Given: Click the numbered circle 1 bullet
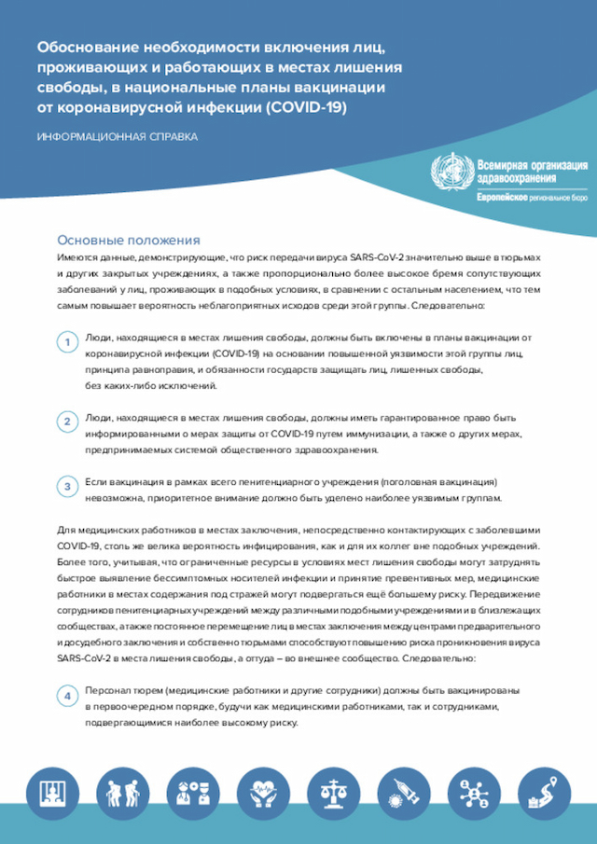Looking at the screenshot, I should [68, 345].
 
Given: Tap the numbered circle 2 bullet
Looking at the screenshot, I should [68, 422].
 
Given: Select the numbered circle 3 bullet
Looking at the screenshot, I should [68, 487].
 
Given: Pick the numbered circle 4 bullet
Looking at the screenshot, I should [68, 697].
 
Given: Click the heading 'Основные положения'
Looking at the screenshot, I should [129, 240].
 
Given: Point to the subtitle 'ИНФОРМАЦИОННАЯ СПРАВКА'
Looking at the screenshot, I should [117, 137].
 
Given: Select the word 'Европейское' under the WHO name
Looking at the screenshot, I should [503, 198].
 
